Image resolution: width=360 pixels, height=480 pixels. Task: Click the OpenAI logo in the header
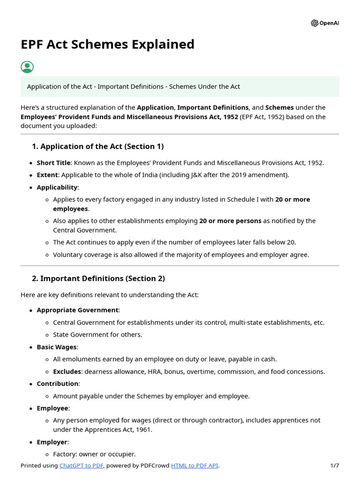[324, 23]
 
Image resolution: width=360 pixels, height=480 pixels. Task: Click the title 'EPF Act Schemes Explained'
[107, 45]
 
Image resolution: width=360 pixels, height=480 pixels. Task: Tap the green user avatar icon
[27, 67]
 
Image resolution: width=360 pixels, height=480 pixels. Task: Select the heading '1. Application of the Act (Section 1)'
[97, 147]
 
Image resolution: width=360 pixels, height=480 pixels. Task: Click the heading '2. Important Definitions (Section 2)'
[98, 278]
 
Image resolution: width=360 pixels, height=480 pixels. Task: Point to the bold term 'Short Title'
[53, 163]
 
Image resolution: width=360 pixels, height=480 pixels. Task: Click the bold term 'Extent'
[47, 175]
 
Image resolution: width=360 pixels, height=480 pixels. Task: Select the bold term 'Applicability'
[57, 187]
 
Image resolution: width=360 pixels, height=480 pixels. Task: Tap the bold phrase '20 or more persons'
[230, 221]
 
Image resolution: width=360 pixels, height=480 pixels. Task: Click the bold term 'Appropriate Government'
[77, 310]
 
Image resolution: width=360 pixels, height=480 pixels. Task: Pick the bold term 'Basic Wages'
[57, 347]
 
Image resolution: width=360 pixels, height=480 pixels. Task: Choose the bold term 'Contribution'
[58, 384]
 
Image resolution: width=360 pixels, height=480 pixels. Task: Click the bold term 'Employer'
[52, 442]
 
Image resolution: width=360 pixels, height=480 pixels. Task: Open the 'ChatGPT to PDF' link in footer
[81, 466]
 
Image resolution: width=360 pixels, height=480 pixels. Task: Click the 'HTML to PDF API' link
[195, 466]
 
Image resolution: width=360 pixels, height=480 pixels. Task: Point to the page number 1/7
[334, 466]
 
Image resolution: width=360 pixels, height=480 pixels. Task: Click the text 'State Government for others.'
[97, 335]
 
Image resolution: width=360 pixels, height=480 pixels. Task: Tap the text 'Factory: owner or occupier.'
[94, 454]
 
